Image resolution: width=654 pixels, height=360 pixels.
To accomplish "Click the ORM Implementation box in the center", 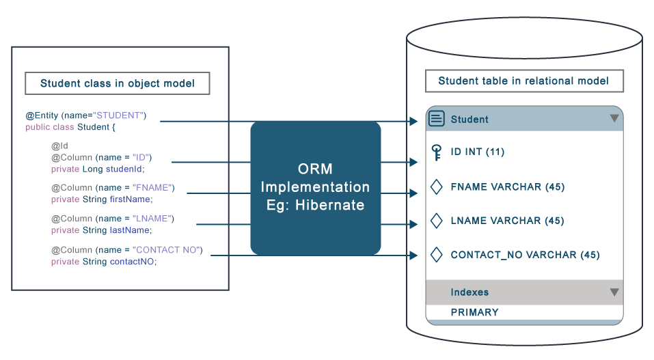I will (x=315, y=187).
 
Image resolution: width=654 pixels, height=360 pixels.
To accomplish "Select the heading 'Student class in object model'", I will (x=117, y=83).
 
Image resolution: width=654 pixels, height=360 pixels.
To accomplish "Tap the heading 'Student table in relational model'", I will (x=523, y=81).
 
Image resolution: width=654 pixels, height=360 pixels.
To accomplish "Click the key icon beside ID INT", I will (x=436, y=152).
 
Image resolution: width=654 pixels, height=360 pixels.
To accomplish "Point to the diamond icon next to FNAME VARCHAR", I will (x=436, y=186).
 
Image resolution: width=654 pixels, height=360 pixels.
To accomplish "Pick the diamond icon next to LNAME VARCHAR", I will (x=436, y=221).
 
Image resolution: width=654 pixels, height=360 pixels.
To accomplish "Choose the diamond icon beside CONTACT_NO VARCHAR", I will (x=436, y=255).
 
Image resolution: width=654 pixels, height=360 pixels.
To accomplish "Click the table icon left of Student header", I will (x=436, y=119).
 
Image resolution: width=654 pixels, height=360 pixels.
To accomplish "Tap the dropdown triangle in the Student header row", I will (x=614, y=119).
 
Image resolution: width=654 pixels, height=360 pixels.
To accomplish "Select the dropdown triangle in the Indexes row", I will (x=614, y=292).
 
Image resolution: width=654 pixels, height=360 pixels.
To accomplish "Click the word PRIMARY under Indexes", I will (x=474, y=312).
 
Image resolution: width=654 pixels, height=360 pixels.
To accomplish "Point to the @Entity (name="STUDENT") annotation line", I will (x=86, y=115).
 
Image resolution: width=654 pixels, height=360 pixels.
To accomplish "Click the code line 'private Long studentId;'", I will (x=98, y=169).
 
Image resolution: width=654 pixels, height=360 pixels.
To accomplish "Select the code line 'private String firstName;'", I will (x=102, y=199).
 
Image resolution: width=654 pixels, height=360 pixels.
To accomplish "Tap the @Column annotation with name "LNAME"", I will (x=113, y=219).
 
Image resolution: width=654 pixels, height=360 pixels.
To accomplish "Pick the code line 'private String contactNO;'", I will (x=104, y=261).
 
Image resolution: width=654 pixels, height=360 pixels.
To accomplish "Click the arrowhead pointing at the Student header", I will (x=413, y=121).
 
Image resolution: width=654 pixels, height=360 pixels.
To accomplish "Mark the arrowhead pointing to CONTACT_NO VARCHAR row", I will (x=413, y=255).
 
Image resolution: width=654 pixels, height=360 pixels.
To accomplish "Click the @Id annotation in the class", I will (x=59, y=146).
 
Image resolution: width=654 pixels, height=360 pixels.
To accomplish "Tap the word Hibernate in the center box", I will (x=331, y=205).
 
